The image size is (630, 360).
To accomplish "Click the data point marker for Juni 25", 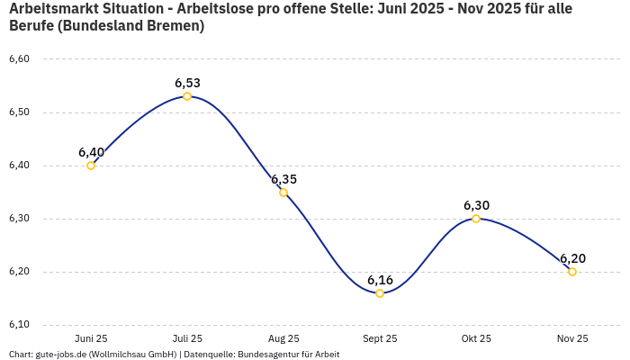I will pyautogui.click(x=91, y=166).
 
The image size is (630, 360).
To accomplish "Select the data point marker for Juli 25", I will pyautogui.click(x=187, y=96).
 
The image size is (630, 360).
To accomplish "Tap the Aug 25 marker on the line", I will pyautogui.click(x=283, y=193).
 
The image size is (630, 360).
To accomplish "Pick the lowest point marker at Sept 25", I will pyautogui.click(x=380, y=293).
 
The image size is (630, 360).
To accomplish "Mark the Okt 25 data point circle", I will pyautogui.click(x=476, y=219).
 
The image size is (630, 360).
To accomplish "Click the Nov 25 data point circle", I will pyautogui.click(x=572, y=272).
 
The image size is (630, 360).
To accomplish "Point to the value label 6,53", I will pyautogui.click(x=187, y=83).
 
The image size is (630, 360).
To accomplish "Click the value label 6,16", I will pyautogui.click(x=380, y=280).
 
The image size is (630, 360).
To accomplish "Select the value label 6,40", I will pyautogui.click(x=91, y=152).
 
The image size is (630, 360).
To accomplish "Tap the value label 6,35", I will pyautogui.click(x=283, y=179).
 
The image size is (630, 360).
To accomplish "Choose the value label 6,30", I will pyautogui.click(x=476, y=205).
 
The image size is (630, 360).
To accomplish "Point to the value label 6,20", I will pyautogui.click(x=572, y=258).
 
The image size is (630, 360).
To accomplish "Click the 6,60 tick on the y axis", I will pyautogui.click(x=19, y=59).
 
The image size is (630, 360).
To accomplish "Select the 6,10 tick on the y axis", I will pyautogui.click(x=19, y=325).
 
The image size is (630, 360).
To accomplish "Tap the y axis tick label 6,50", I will pyautogui.click(x=19, y=112).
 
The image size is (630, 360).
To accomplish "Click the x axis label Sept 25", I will pyautogui.click(x=380, y=338).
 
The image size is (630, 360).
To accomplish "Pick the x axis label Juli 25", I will pyautogui.click(x=187, y=338).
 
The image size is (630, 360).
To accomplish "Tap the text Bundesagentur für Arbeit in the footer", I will pyautogui.click(x=288, y=355).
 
